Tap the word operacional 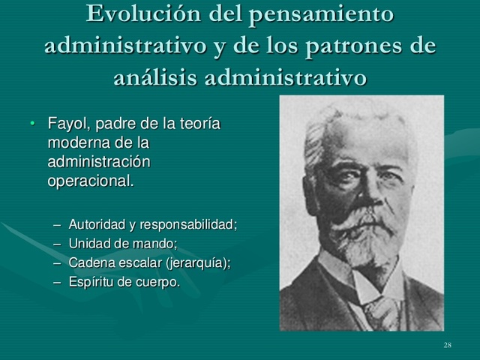tap(91, 181)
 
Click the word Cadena tap(90, 262)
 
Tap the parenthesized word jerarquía tap(197, 262)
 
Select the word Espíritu tap(91, 282)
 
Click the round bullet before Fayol tap(32, 123)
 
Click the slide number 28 tap(448, 344)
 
